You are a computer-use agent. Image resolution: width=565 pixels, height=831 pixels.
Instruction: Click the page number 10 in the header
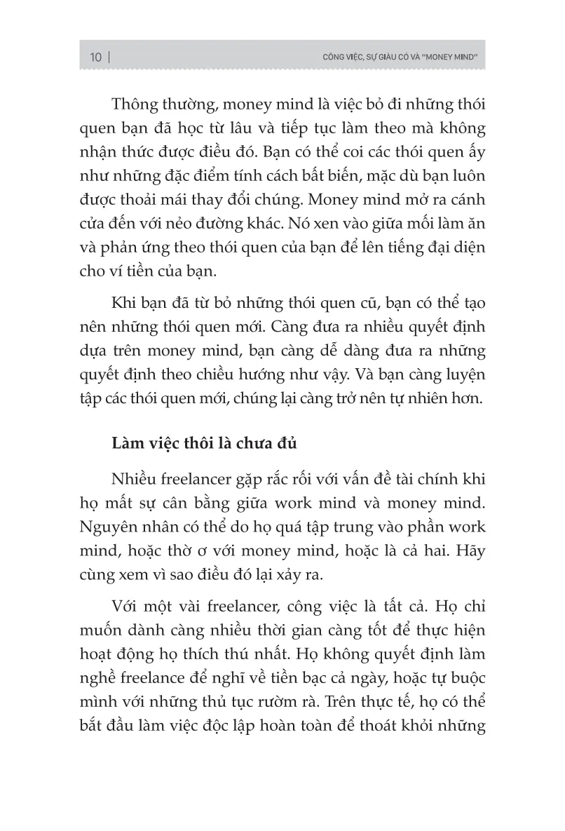pyautogui.click(x=96, y=57)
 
